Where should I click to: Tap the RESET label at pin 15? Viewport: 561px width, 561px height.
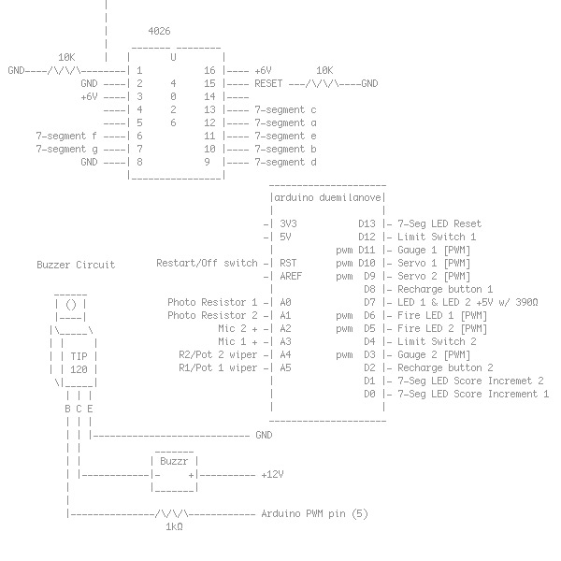click(268, 83)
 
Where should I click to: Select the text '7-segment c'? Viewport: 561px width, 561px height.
click(285, 109)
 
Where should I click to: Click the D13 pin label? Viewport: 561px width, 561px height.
click(367, 223)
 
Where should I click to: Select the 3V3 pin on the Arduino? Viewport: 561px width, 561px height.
click(288, 223)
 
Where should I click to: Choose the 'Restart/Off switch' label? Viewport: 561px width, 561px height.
click(207, 263)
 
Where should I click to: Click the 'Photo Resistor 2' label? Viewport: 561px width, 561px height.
click(212, 315)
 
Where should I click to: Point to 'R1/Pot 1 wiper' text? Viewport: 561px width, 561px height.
click(218, 367)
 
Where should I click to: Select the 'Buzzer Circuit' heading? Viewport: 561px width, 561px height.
click(76, 265)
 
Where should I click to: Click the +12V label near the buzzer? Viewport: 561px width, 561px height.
click(271, 474)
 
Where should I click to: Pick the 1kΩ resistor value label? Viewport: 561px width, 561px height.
click(173, 526)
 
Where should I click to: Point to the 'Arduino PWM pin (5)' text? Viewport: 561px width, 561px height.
click(315, 513)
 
